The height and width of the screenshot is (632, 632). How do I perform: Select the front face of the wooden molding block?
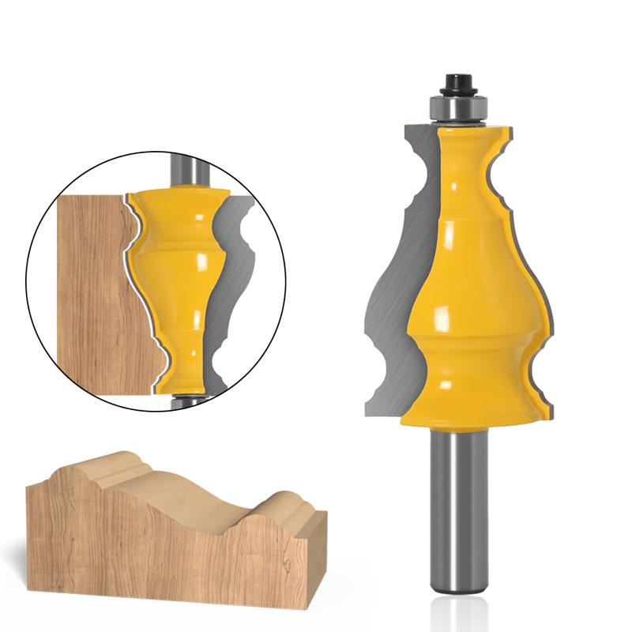coord(158,553)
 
